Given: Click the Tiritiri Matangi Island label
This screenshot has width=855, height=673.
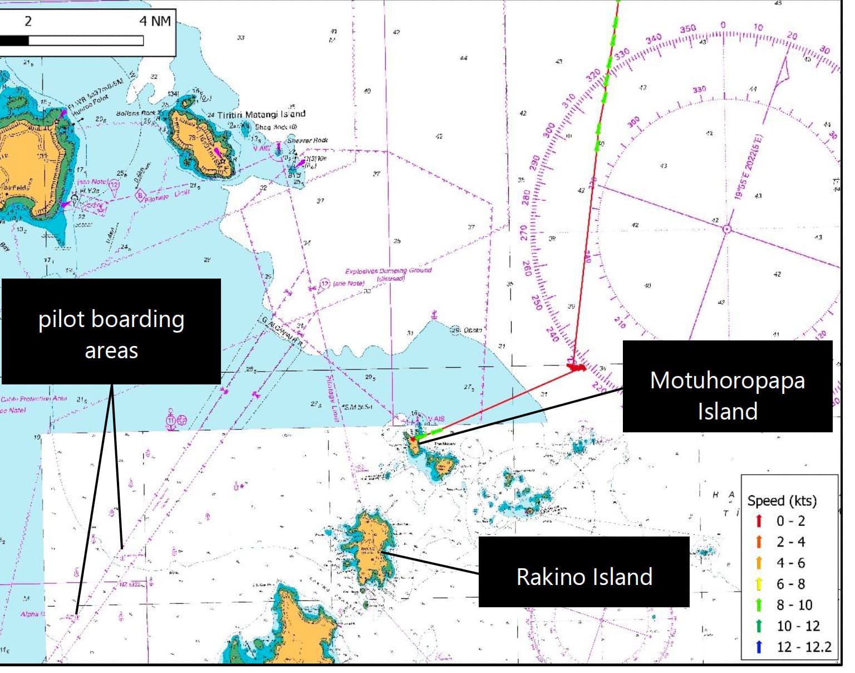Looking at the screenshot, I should pyautogui.click(x=261, y=114).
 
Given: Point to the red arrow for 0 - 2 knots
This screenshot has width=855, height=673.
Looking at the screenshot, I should pyautogui.click(x=759, y=521).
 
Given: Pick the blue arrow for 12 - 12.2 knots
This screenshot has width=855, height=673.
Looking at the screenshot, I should pyautogui.click(x=759, y=647).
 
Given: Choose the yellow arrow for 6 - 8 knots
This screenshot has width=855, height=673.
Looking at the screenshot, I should pyautogui.click(x=759, y=584).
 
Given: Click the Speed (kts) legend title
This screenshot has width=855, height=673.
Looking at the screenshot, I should pyautogui.click(x=782, y=500).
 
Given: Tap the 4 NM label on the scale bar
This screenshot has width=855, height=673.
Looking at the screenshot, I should pyautogui.click(x=155, y=21).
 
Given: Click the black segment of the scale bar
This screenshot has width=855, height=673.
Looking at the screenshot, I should pyautogui.click(x=14, y=41).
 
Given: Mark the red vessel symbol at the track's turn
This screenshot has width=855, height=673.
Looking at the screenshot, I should pyautogui.click(x=576, y=367).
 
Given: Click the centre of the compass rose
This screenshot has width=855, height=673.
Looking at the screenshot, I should pyautogui.click(x=726, y=229).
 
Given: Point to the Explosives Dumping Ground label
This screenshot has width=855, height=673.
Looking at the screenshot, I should pyautogui.click(x=389, y=271).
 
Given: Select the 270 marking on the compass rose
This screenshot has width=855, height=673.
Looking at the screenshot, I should pyautogui.click(x=524, y=232).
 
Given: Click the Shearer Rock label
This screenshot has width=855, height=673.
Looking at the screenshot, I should pyautogui.click(x=308, y=140).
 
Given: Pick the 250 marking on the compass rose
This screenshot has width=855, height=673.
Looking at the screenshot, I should pyautogui.click(x=536, y=302).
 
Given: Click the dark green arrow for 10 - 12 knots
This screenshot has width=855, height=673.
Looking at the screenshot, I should pyautogui.click(x=759, y=626).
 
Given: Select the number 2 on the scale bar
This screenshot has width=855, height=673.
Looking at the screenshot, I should pyautogui.click(x=28, y=21).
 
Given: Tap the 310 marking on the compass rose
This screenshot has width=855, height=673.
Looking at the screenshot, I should pyautogui.click(x=568, y=101).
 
